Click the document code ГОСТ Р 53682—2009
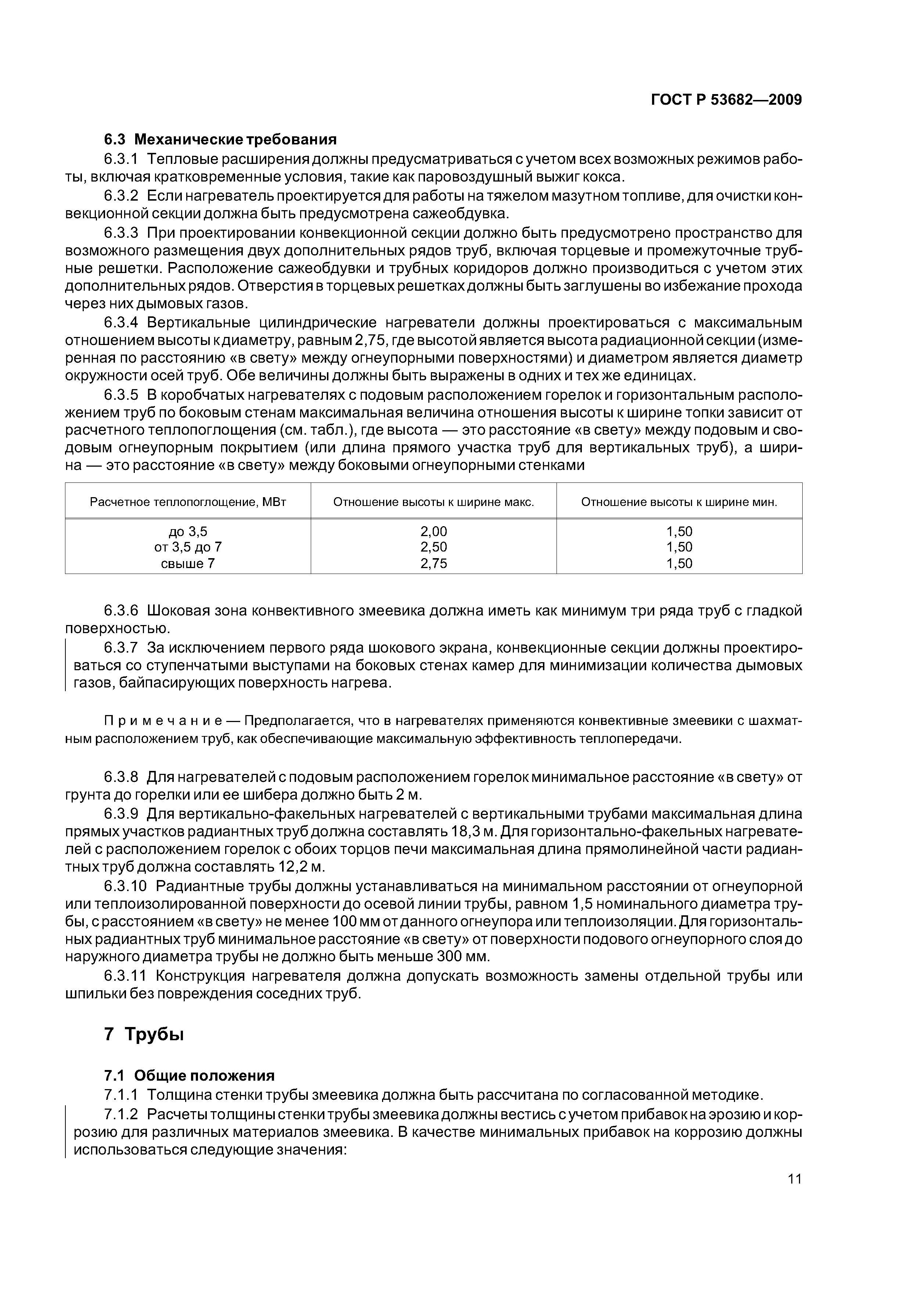[726, 100]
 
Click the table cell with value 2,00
[433, 531]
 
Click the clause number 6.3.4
[121, 323]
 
